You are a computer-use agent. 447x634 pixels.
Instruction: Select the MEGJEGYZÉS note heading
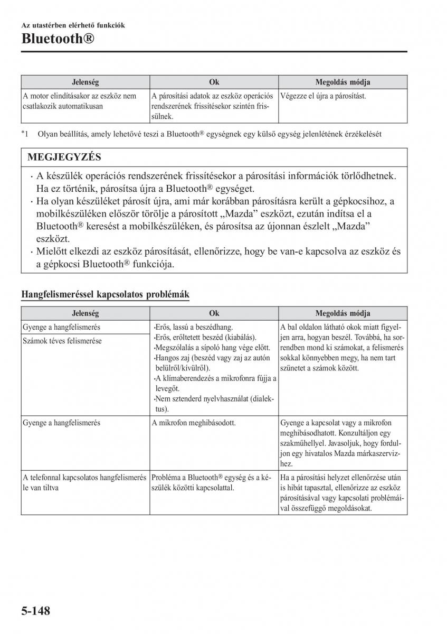pyautogui.click(x=64, y=157)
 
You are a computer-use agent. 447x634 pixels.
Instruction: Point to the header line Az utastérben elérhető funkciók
pyautogui.click(x=73, y=25)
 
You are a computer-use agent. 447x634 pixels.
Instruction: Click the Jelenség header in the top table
pyautogui.click(x=85, y=82)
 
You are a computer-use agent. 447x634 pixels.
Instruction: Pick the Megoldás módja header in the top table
pyautogui.click(x=343, y=82)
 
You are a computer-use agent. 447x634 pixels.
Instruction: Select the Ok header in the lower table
pyautogui.click(x=214, y=313)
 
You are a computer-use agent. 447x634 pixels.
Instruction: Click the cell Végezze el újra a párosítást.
pyautogui.click(x=324, y=96)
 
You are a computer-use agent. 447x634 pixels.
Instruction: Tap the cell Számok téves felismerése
pyautogui.click(x=62, y=341)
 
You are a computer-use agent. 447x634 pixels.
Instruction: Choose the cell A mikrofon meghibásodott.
pyautogui.click(x=194, y=423)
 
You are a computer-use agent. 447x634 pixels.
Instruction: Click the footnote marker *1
pyautogui.click(x=25, y=134)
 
